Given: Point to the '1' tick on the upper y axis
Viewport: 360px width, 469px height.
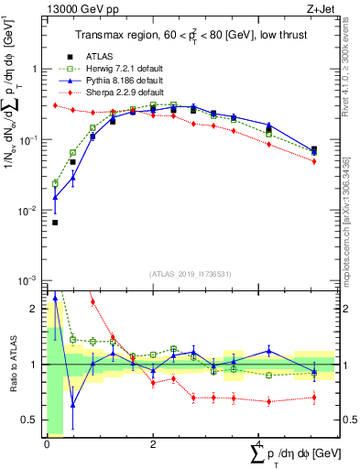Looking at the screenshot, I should (x=35, y=70).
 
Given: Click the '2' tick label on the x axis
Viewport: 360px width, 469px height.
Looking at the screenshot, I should (x=151, y=443).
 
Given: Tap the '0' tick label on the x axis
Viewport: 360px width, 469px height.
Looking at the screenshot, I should (x=46, y=443).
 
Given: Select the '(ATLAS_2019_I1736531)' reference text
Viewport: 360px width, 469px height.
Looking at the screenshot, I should (x=191, y=274).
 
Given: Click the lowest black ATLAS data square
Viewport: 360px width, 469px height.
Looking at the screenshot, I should (x=55, y=223).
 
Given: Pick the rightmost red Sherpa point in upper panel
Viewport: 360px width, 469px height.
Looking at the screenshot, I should (x=314, y=161).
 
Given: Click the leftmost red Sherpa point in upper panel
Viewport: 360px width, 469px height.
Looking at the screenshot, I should (x=55, y=105).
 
